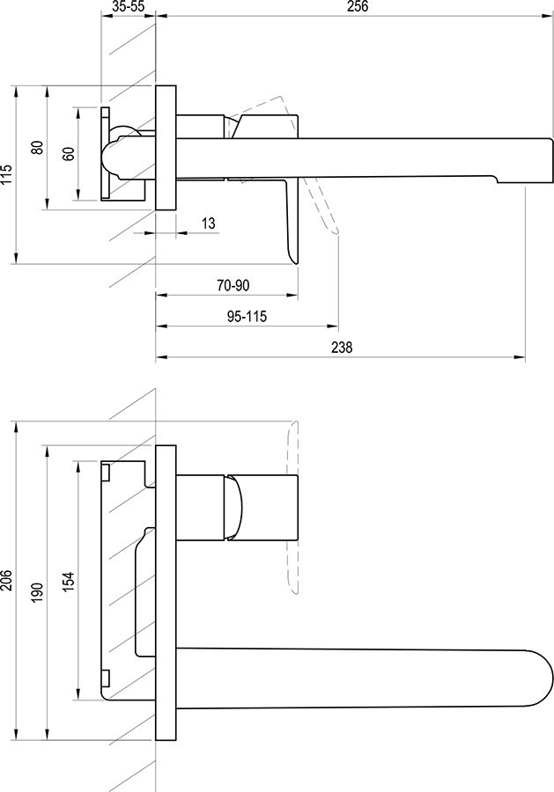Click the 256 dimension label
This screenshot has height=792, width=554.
coord(358,6)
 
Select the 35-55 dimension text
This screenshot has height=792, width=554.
coord(128,6)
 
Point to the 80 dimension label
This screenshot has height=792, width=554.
coord(37,148)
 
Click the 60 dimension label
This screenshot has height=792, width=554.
coord(69,153)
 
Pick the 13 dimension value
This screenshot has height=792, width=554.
coord(208,223)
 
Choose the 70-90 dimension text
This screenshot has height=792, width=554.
coord(233,285)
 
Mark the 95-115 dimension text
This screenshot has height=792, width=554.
coord(247,317)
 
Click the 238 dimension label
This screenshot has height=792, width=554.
coord(342,348)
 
